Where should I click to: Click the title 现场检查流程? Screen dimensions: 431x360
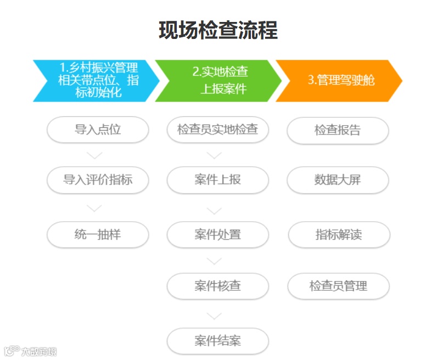[x=218, y=30]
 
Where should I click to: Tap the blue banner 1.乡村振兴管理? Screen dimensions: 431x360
[x=93, y=81]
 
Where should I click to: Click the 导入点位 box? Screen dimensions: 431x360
[x=98, y=130]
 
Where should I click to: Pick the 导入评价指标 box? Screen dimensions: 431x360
[x=98, y=180]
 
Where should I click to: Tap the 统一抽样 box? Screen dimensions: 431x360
[x=98, y=235]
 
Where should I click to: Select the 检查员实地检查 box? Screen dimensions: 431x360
[x=218, y=130]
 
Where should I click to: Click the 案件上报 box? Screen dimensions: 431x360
[x=218, y=180]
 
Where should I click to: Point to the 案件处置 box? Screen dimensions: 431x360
[x=218, y=235]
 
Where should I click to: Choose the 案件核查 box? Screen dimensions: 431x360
[x=218, y=286]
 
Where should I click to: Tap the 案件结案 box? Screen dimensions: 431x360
[x=218, y=341]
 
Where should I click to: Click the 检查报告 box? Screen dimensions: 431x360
[x=338, y=131]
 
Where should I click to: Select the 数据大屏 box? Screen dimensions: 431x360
[x=338, y=180]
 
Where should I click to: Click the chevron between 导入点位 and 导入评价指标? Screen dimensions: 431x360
[x=94, y=156]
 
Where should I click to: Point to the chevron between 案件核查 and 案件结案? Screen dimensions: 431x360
[x=214, y=316]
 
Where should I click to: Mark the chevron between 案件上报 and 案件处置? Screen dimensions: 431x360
[x=214, y=210]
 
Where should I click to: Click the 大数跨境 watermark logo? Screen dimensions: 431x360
[x=30, y=351]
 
